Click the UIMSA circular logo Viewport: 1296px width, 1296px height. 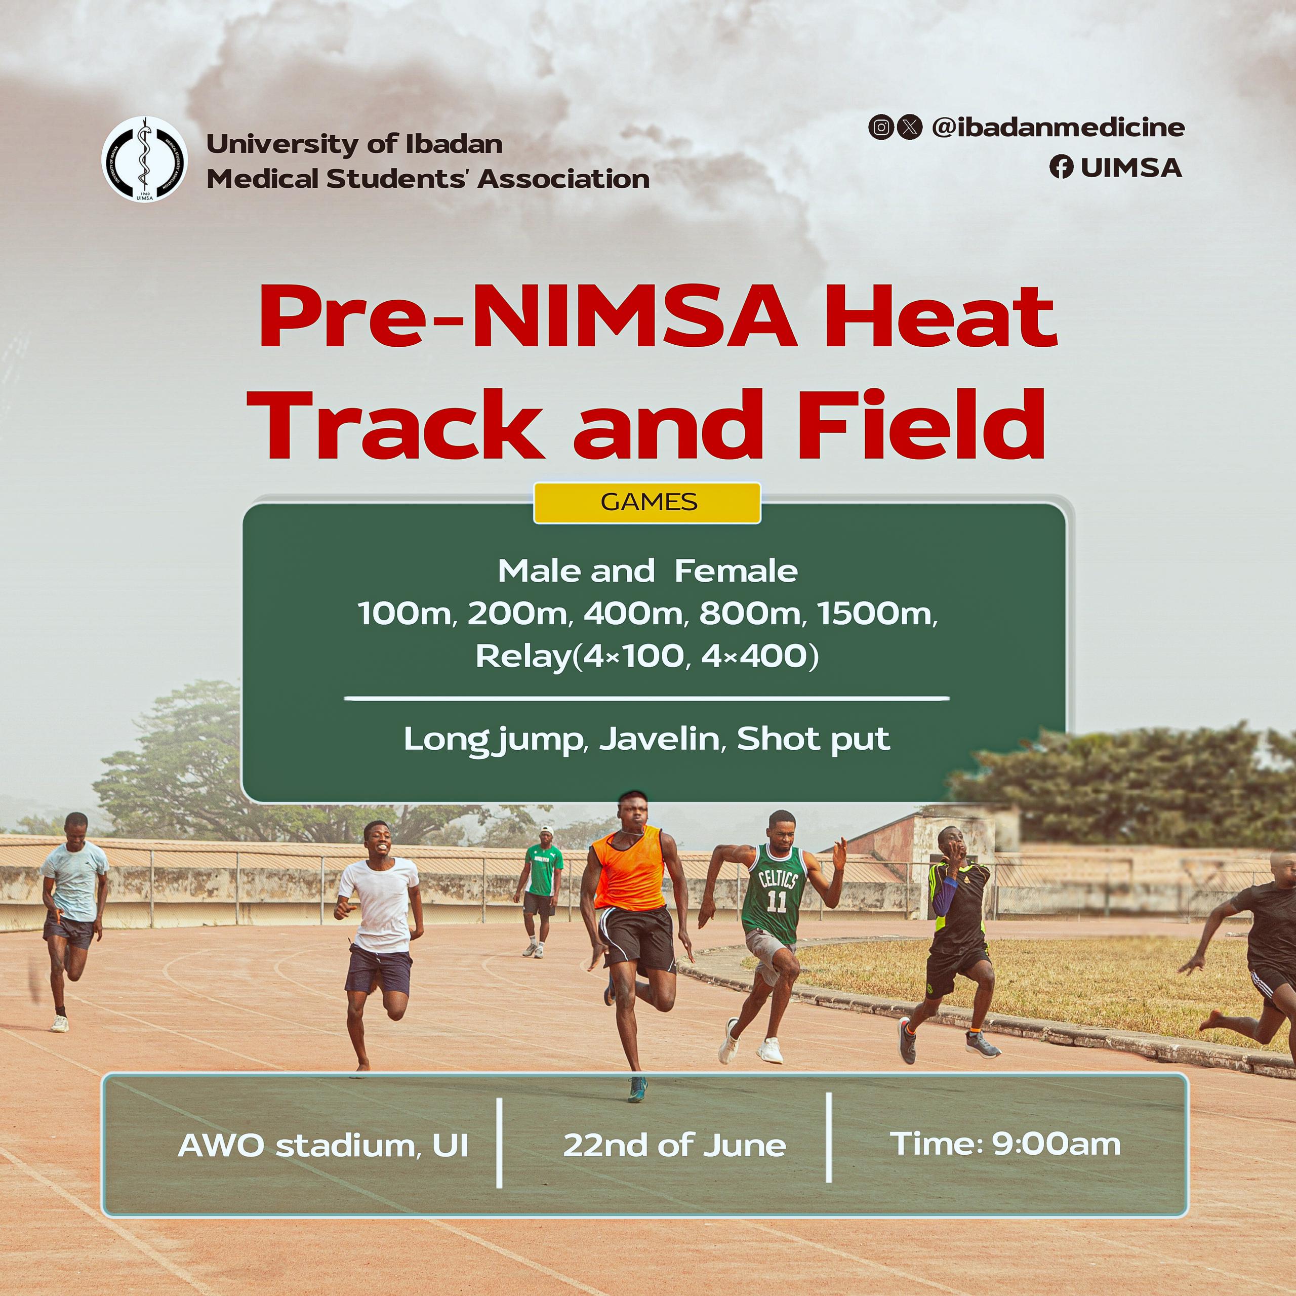pos(144,159)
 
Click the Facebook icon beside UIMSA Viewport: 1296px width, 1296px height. pos(1061,167)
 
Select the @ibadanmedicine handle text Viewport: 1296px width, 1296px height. pos(1058,127)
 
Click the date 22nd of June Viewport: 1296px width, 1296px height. pos(674,1145)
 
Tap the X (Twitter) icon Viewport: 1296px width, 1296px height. pos(909,127)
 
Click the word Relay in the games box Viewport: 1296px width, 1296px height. pos(522,656)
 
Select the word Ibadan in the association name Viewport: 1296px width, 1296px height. pos(454,144)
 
